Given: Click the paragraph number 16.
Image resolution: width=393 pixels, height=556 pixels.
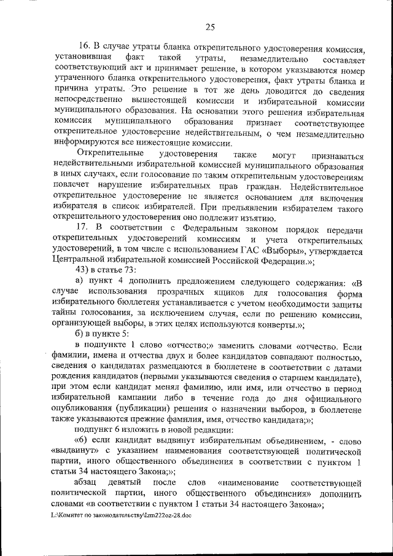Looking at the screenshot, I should point(84,47).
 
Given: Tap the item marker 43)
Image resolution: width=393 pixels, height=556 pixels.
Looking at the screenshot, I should point(83,271).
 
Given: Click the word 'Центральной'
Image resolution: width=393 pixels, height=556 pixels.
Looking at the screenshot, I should point(82,262).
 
